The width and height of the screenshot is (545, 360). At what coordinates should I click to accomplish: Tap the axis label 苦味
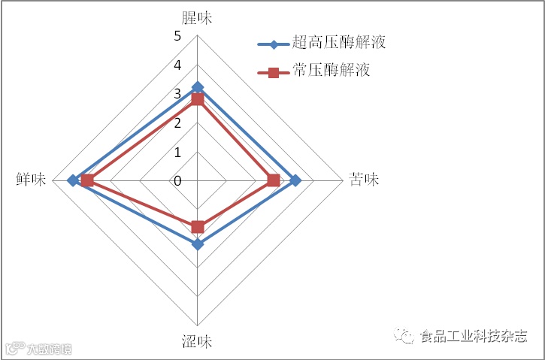pyautogui.click(x=365, y=180)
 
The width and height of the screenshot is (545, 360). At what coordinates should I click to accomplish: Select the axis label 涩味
pyautogui.click(x=197, y=342)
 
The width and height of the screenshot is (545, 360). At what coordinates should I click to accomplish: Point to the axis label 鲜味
pyautogui.click(x=31, y=180)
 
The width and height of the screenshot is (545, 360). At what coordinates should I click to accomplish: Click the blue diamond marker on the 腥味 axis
pyautogui.click(x=198, y=87)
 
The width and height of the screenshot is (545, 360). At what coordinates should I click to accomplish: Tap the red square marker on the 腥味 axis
pyautogui.click(x=198, y=99)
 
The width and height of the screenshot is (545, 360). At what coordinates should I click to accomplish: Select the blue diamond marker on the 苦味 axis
pyautogui.click(x=295, y=180)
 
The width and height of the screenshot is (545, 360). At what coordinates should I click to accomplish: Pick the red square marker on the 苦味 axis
pyautogui.click(x=274, y=180)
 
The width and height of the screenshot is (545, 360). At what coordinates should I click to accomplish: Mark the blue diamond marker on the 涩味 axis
pyautogui.click(x=198, y=244)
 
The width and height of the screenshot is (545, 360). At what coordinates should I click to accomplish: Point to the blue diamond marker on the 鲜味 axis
pyautogui.click(x=72, y=180)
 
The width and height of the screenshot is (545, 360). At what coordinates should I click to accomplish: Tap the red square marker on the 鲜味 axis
pyautogui.click(x=88, y=180)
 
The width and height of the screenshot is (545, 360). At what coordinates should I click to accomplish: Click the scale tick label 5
pyautogui.click(x=177, y=36)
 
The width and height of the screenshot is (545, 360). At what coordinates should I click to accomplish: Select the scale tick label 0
pyautogui.click(x=177, y=181)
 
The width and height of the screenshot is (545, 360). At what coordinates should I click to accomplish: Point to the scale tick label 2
pyautogui.click(x=177, y=123)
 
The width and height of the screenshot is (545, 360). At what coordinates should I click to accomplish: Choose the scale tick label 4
pyautogui.click(x=177, y=65)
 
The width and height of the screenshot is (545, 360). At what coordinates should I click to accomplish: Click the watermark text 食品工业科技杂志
pyautogui.click(x=472, y=337)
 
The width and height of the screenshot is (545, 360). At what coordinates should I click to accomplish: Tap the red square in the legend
pyautogui.click(x=274, y=72)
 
